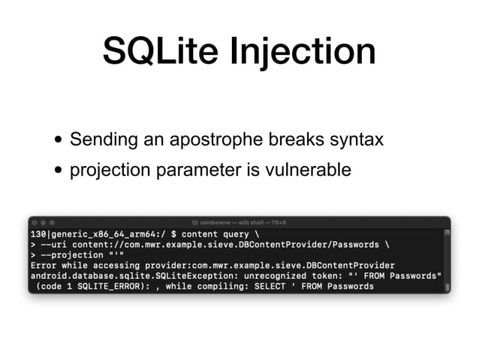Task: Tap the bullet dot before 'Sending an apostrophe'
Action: pos(58,141)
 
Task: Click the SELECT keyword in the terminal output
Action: pos(264,286)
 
